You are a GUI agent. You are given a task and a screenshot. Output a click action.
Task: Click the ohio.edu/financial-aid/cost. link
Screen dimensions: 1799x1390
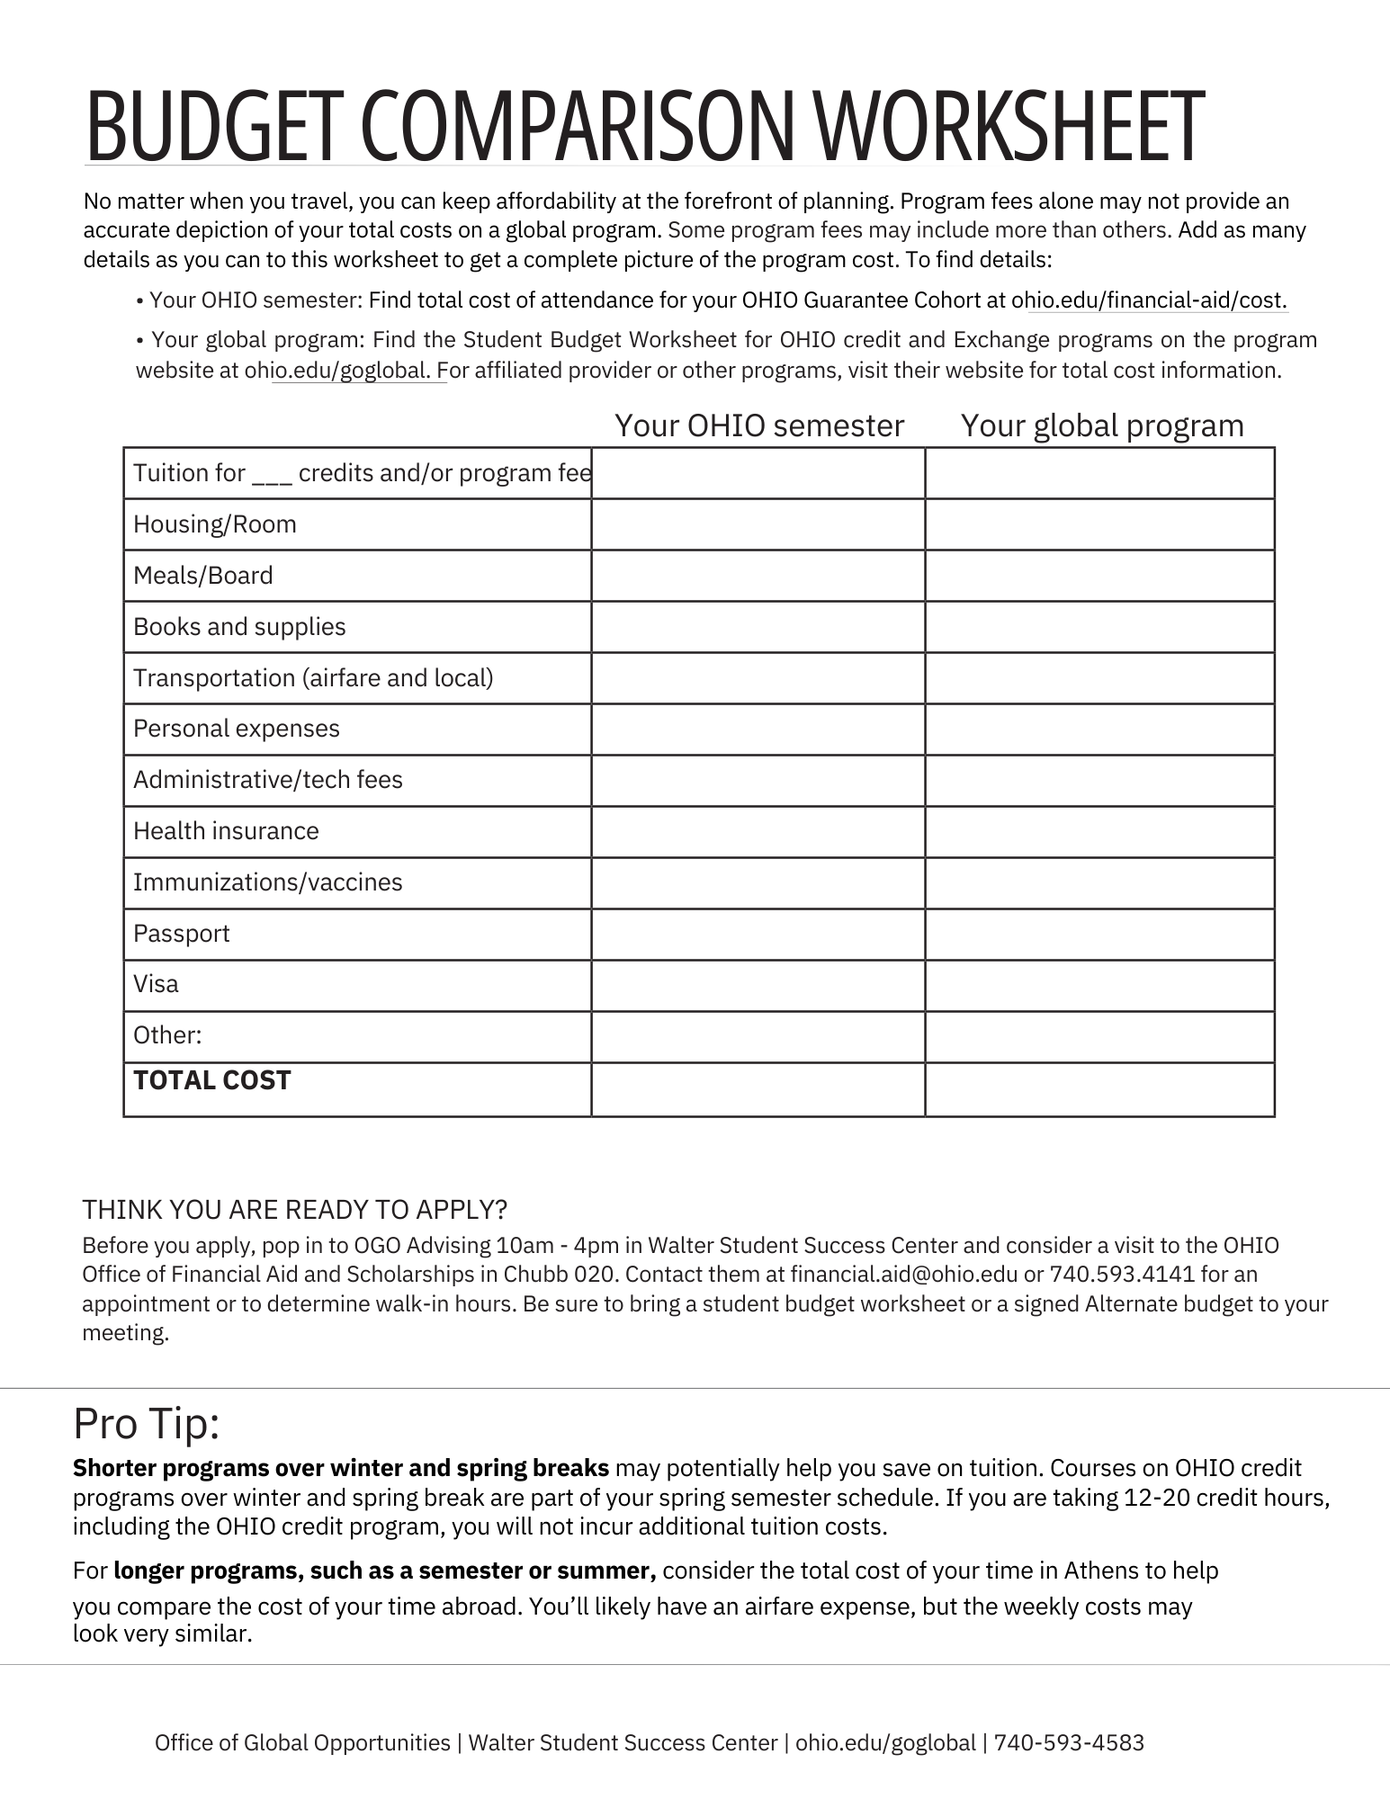pyautogui.click(x=1150, y=300)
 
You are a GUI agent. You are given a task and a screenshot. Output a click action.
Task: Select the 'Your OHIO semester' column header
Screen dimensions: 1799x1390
pyautogui.click(x=758, y=425)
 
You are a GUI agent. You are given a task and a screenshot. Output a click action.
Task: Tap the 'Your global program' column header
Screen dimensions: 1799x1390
pyautogui.click(x=1102, y=425)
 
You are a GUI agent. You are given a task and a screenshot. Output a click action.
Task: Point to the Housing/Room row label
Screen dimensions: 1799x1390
pyautogui.click(x=215, y=524)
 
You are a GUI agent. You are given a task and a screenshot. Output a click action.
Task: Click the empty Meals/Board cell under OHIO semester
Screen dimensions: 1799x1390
pyautogui.click(x=758, y=576)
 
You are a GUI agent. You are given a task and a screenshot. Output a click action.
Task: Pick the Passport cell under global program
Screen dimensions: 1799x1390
pyautogui.click(x=1099, y=934)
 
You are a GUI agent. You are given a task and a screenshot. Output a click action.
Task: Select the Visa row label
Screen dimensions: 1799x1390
pyautogui.click(x=156, y=984)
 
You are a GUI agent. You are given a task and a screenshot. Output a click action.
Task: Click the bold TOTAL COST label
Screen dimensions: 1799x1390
pyautogui.click(x=212, y=1080)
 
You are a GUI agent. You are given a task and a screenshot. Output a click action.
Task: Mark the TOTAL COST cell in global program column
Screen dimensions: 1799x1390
pyautogui.click(x=1099, y=1089)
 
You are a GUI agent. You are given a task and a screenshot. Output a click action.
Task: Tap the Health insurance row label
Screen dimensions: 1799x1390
pyautogui.click(x=226, y=831)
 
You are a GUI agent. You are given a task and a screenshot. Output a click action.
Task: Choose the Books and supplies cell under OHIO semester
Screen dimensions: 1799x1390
pyautogui.click(x=758, y=627)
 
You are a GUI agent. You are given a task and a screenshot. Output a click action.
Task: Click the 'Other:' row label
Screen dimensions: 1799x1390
pyautogui.click(x=167, y=1035)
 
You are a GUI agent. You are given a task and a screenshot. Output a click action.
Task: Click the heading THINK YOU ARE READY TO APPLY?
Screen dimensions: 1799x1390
pyautogui.click(x=295, y=1210)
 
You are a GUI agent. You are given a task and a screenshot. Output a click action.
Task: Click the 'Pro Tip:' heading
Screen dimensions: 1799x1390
pyautogui.click(x=147, y=1424)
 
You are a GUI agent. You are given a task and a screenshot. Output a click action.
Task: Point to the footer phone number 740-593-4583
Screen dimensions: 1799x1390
pyautogui.click(x=1069, y=1743)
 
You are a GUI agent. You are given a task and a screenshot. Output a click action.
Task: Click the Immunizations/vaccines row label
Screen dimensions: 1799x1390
pyautogui.click(x=268, y=882)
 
